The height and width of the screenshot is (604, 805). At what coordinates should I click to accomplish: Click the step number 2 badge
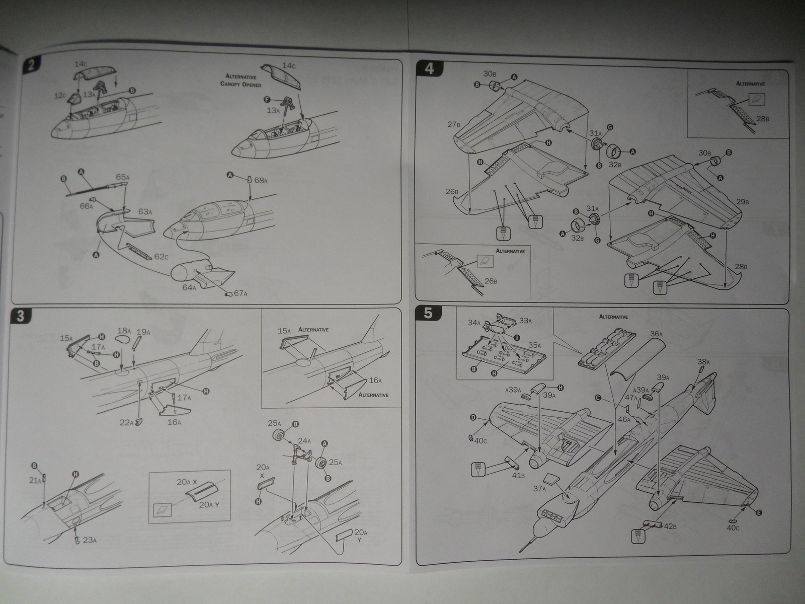[31, 65]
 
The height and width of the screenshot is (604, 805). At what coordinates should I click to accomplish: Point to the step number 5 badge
[428, 313]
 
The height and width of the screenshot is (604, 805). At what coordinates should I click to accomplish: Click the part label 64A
[189, 287]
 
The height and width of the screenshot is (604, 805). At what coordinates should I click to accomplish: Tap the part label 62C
[161, 257]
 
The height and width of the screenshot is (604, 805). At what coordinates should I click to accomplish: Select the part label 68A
[261, 180]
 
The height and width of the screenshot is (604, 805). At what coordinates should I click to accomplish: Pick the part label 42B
[670, 527]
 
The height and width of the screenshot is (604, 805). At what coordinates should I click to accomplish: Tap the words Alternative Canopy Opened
[240, 81]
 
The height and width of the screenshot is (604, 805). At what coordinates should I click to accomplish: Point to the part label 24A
[304, 440]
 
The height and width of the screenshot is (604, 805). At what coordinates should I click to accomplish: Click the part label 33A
[525, 320]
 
